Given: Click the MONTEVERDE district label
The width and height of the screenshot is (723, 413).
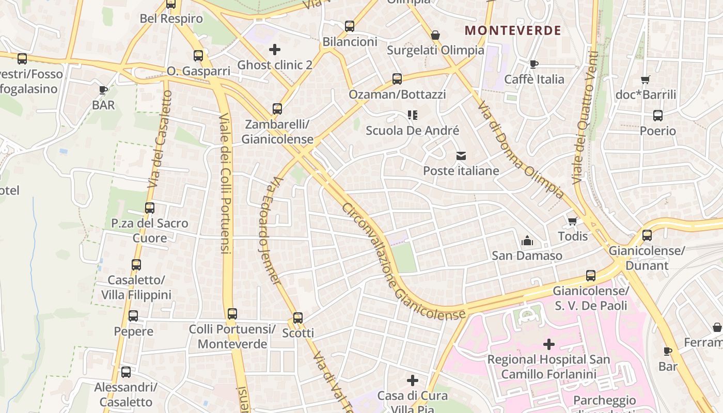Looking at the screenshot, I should (x=513, y=30).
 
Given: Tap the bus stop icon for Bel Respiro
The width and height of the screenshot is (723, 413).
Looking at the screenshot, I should (x=171, y=4).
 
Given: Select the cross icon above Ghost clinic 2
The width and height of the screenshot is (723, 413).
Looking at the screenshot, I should (x=275, y=50).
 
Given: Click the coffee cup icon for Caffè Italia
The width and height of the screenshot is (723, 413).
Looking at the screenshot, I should (x=534, y=64).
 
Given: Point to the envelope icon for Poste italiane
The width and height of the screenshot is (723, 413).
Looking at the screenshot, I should (x=461, y=156).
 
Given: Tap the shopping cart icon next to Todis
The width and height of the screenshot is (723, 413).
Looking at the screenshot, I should (x=572, y=221).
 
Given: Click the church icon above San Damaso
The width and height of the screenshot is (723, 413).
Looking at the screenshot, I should (x=527, y=241).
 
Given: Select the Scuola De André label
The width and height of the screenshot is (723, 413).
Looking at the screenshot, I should (x=412, y=131).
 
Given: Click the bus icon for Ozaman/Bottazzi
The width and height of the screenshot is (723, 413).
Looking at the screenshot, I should (x=397, y=79).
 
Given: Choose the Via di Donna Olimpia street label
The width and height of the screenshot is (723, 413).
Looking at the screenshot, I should (x=520, y=150).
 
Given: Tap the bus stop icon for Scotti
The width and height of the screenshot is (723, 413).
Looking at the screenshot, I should (x=298, y=318).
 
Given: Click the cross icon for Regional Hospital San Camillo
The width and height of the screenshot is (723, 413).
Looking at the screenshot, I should (x=548, y=344).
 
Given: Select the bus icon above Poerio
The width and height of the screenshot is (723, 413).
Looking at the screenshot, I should (x=657, y=116).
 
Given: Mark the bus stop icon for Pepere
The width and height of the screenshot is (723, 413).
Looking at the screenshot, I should (x=133, y=316).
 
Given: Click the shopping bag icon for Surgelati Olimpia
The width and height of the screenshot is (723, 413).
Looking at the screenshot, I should (x=435, y=35).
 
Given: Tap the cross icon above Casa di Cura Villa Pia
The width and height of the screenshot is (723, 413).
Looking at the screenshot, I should (x=412, y=381).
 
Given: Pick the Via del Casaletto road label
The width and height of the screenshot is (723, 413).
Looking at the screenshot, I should (x=160, y=139).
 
